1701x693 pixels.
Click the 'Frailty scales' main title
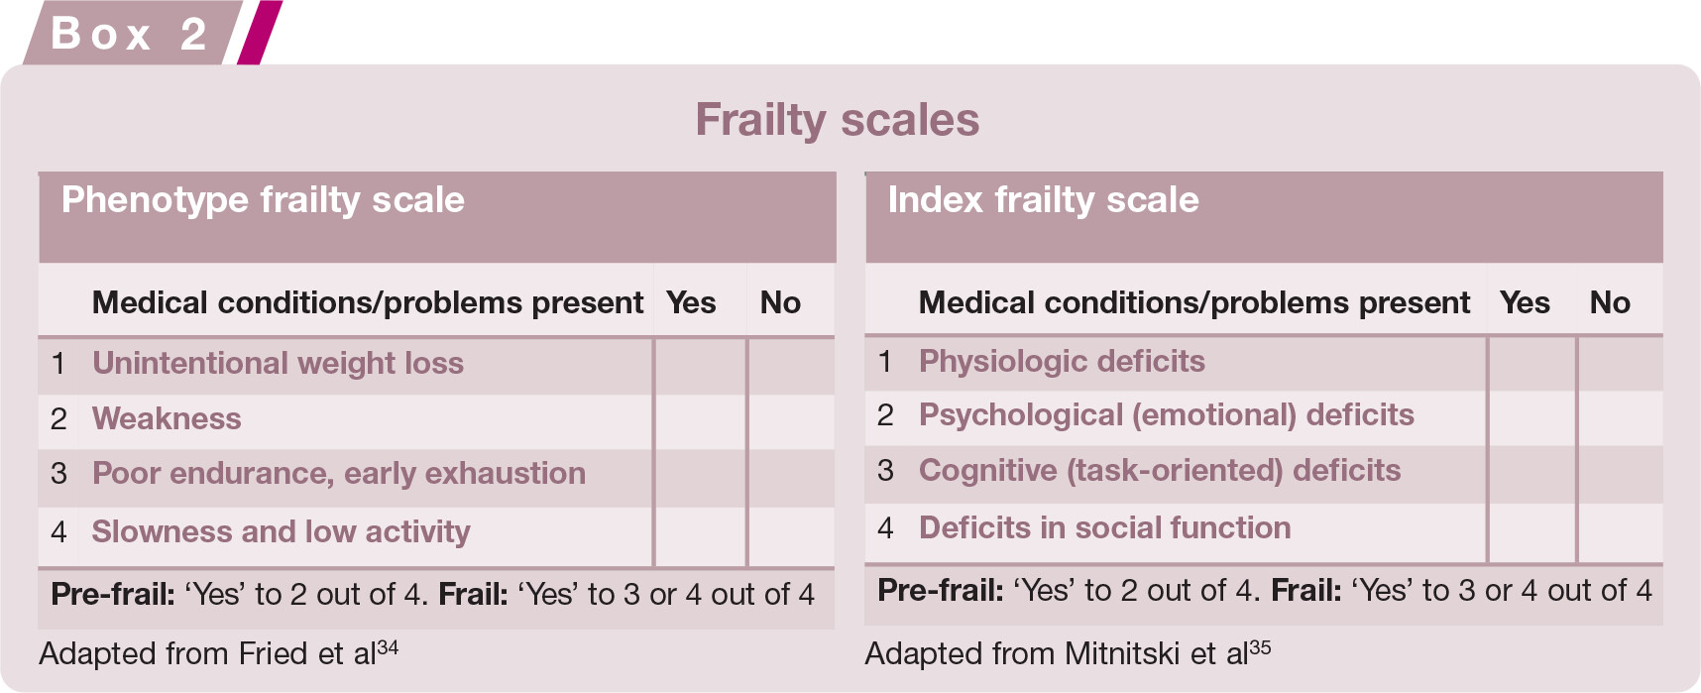coord(838,120)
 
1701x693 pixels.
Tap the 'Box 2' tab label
coord(129,34)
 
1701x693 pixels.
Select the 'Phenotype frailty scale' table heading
coord(263,200)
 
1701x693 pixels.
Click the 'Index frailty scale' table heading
coord(1043,200)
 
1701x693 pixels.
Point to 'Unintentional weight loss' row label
coord(278,364)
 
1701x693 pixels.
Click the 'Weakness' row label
coord(167,419)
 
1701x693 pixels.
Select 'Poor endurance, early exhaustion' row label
coord(339,474)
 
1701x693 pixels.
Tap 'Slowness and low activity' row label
coord(282,532)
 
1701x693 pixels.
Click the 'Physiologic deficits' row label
coord(1062,362)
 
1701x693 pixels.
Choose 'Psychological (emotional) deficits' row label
coord(1167,415)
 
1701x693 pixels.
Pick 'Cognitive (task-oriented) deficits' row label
coord(1160,471)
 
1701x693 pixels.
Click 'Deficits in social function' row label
coord(1105,527)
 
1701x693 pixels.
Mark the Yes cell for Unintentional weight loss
coord(700,366)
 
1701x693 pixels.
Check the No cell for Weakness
coord(791,421)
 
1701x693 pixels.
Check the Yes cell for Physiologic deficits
coord(1531,363)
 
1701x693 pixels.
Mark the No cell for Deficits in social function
coord(1620,533)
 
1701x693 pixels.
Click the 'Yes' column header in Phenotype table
coord(691,302)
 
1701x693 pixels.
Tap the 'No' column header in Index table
coord(1610,302)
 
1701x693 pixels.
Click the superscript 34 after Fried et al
coord(388,647)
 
